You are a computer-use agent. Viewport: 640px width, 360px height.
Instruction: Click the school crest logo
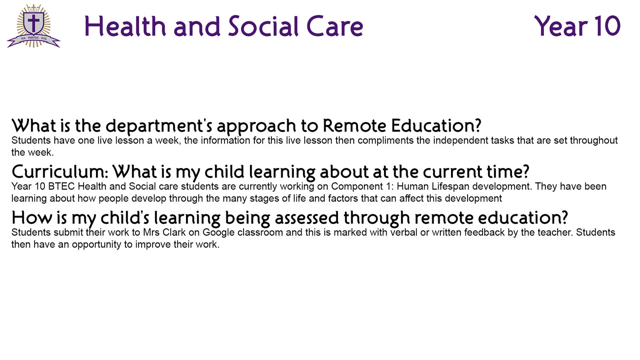[34, 26]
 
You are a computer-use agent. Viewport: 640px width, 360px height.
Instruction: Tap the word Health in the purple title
[125, 26]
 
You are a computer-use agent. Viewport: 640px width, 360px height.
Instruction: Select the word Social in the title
[263, 26]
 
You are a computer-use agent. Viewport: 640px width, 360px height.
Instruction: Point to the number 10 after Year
[607, 26]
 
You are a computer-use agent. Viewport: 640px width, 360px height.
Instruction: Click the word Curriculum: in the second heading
[60, 172]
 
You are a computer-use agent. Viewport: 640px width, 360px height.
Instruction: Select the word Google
[218, 233]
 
